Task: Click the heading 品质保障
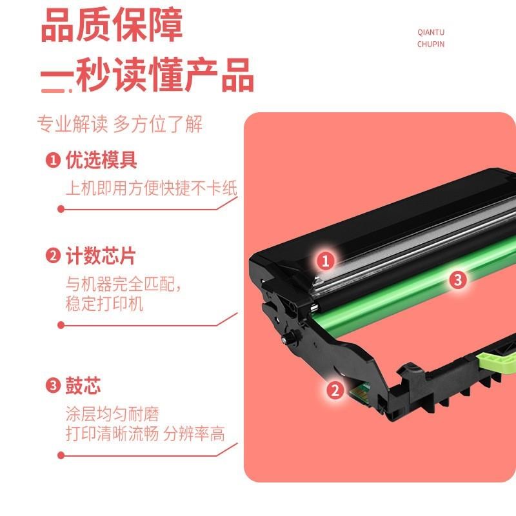point(112,26)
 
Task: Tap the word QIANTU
point(431,32)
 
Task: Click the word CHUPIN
point(431,45)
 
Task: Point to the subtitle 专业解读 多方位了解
point(120,124)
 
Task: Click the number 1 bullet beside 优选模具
point(52,160)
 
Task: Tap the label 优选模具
point(101,160)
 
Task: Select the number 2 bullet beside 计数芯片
point(52,256)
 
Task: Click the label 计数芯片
point(101,256)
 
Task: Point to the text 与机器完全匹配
point(123,284)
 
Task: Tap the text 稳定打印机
point(104,304)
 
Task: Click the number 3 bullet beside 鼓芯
point(52,386)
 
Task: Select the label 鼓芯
point(83,386)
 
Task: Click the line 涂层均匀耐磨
point(112,413)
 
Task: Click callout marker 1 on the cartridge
point(326,261)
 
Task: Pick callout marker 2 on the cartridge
point(334,389)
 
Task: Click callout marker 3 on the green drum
point(457,279)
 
